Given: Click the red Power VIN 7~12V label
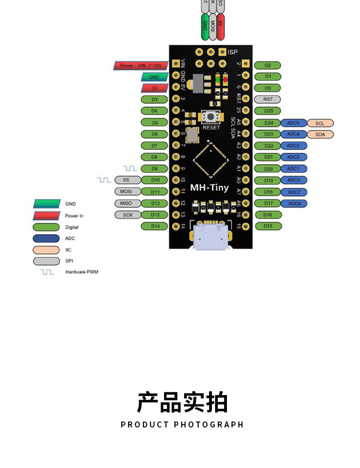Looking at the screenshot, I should [141, 66].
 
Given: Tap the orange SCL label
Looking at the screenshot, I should [320, 123].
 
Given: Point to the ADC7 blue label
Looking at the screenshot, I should [294, 192].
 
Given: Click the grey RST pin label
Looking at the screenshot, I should [267, 99].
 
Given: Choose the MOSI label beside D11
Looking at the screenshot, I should [126, 191].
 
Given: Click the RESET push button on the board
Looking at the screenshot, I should [210, 117].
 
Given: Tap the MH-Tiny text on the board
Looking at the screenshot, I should [209, 188].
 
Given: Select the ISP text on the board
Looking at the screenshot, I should [232, 52].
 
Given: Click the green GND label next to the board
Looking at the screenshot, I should [154, 77].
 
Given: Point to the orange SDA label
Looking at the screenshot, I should [320, 134].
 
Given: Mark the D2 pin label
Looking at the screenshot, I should [267, 66].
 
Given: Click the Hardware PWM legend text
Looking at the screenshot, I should [82, 272].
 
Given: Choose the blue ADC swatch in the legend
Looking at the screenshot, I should [46, 238].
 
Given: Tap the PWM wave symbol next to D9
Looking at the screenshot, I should [130, 169].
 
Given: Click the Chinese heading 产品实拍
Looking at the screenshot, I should [182, 402].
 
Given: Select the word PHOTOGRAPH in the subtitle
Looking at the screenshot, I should [209, 425].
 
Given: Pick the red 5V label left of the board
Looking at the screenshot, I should [154, 88].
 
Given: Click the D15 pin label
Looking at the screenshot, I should [267, 226].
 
